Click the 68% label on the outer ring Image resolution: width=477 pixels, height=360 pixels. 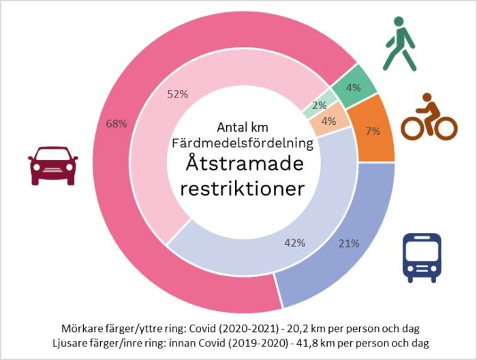(x=117, y=123)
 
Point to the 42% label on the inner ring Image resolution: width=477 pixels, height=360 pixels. (x=294, y=242)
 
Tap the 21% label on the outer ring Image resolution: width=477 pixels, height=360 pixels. (x=349, y=243)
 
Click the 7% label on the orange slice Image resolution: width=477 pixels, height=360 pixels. (x=373, y=131)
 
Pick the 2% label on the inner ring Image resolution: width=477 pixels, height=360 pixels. (x=320, y=105)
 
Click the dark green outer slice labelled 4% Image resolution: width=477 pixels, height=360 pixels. (x=353, y=87)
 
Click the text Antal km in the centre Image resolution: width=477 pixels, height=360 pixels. (x=244, y=127)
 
